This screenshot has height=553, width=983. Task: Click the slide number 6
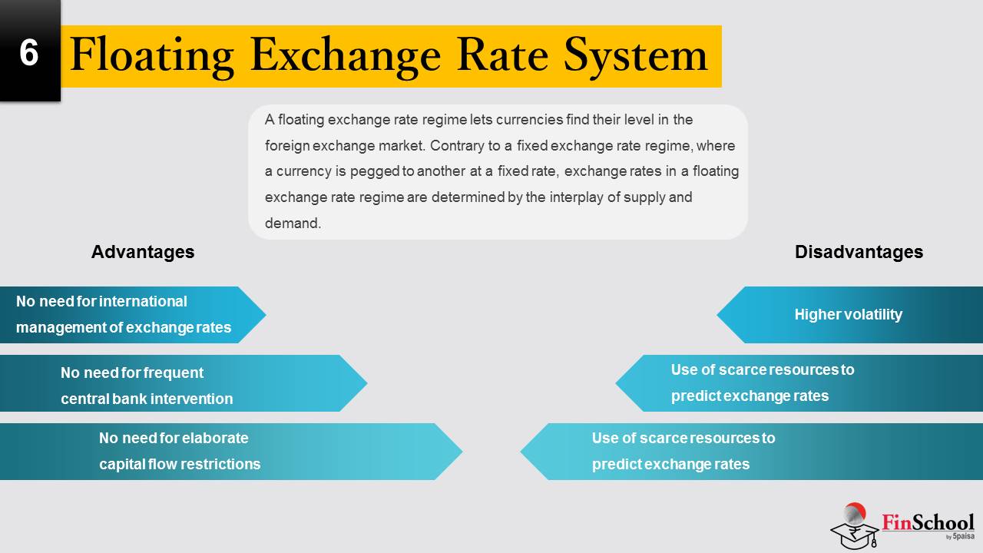29,53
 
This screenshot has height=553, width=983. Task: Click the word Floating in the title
151,56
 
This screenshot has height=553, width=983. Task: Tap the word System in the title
635,56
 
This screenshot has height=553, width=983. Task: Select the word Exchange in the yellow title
345,56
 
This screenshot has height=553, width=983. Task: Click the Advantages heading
143,252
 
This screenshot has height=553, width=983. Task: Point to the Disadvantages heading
859,252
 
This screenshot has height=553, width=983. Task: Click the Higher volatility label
849,314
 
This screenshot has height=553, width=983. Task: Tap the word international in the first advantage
143,301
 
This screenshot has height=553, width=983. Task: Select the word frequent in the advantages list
174,373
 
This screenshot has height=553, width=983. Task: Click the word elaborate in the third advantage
214,438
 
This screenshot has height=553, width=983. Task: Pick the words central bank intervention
147,399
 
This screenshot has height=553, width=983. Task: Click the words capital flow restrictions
180,464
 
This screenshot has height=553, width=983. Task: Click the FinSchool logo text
928,522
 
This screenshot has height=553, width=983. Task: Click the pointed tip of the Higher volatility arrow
717,314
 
